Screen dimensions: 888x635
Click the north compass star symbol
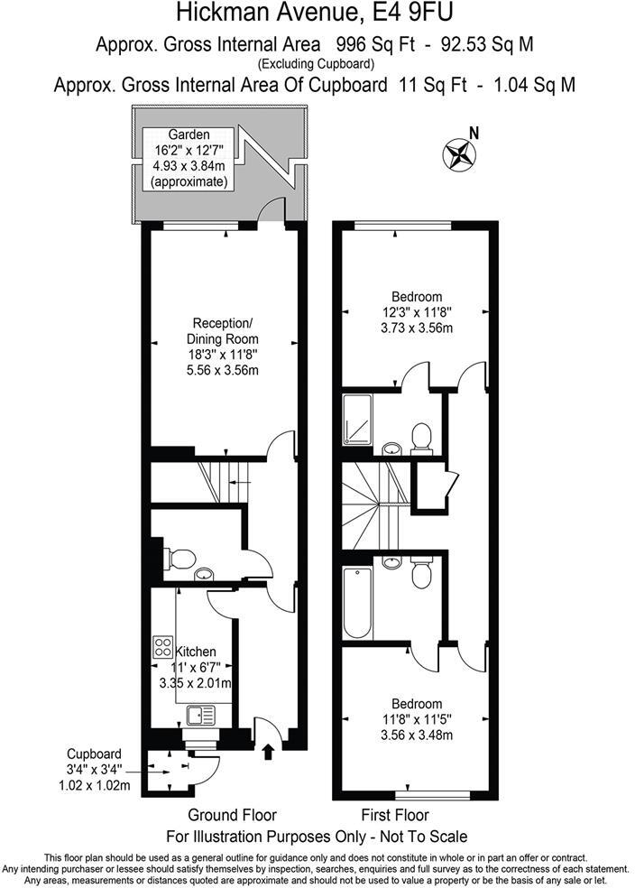[x=459, y=154]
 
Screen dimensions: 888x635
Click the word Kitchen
[x=195, y=651]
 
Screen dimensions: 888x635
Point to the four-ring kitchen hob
[x=163, y=646]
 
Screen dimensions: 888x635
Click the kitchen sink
[x=201, y=717]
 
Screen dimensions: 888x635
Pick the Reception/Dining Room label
[x=222, y=331]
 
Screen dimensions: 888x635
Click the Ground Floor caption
[x=232, y=814]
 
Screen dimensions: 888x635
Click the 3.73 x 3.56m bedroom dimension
[x=416, y=328]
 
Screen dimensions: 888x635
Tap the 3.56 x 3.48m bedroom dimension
[x=416, y=735]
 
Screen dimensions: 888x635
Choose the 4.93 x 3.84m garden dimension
[x=189, y=165]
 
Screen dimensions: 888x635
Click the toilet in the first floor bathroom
[x=421, y=574]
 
